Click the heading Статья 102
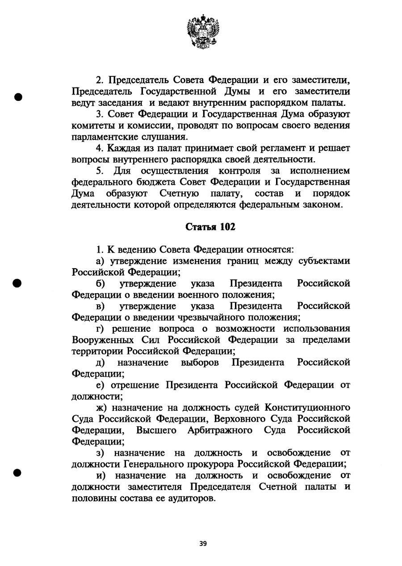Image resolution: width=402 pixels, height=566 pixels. (x=210, y=227)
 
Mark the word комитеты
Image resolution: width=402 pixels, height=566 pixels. (x=89, y=125)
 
